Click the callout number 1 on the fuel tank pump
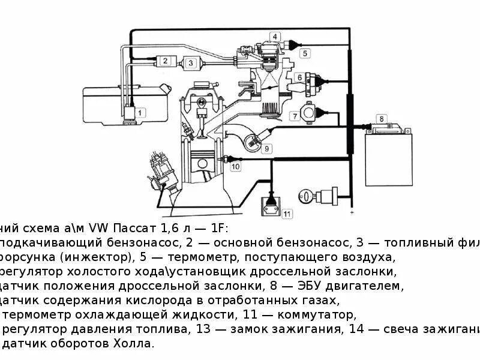(x=140, y=112)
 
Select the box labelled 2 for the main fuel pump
(x=164, y=61)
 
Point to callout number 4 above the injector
(x=275, y=37)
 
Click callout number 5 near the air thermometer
(x=305, y=53)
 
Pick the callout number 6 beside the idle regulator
(x=298, y=77)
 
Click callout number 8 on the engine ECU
(x=380, y=118)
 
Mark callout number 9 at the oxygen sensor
(x=267, y=148)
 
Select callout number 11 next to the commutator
(x=287, y=213)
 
